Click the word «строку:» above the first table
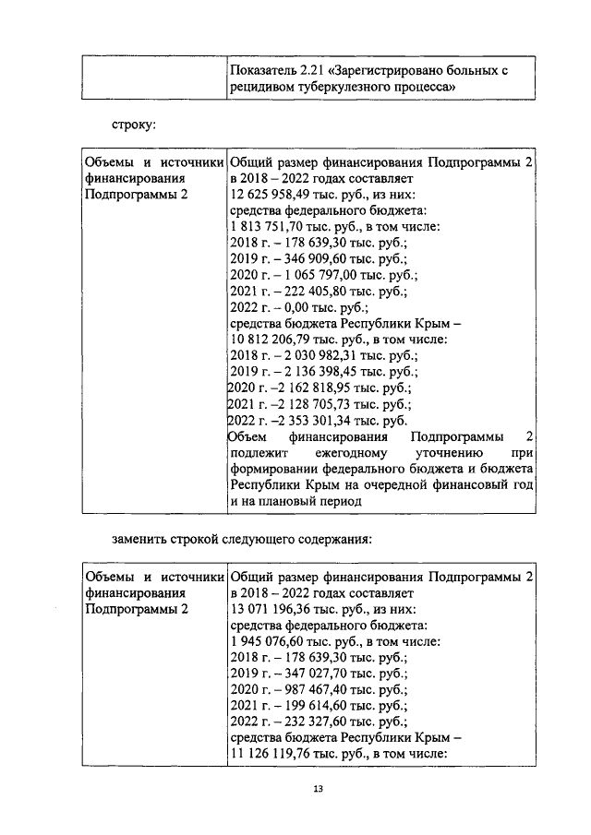pos(133,122)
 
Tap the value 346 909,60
pos(316,260)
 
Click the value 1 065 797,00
pos(322,276)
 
